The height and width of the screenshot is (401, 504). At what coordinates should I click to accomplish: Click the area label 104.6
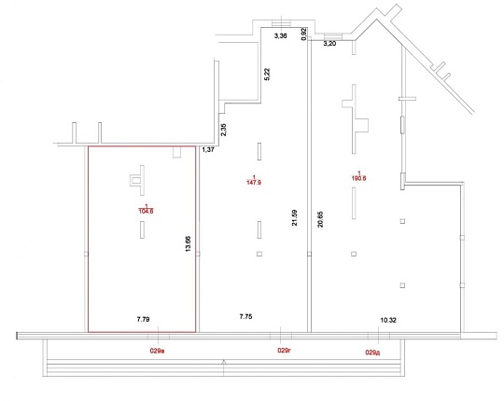146,211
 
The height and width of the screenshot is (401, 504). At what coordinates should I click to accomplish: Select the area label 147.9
254,183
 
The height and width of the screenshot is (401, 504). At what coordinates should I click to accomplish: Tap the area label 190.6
359,178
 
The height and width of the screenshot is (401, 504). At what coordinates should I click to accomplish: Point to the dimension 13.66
188,243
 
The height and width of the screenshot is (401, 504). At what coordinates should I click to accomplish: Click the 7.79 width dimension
143,320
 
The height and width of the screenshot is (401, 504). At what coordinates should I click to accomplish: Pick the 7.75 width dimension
245,316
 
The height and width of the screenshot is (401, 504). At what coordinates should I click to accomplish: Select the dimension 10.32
388,320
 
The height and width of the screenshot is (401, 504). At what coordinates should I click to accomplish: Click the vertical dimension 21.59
294,217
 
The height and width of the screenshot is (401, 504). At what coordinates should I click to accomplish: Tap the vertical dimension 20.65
320,219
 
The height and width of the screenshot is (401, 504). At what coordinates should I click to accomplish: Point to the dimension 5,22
267,75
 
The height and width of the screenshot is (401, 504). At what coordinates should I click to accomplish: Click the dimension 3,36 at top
281,36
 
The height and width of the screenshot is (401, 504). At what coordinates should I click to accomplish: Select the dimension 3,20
329,44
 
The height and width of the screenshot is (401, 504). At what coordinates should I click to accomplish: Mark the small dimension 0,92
303,34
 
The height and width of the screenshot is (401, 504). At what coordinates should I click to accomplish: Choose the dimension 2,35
223,130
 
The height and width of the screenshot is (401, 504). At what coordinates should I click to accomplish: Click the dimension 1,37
208,149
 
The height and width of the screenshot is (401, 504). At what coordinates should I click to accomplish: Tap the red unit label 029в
157,351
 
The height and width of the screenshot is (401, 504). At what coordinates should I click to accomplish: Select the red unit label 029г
284,351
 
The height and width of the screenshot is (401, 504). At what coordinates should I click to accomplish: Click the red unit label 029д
372,353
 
